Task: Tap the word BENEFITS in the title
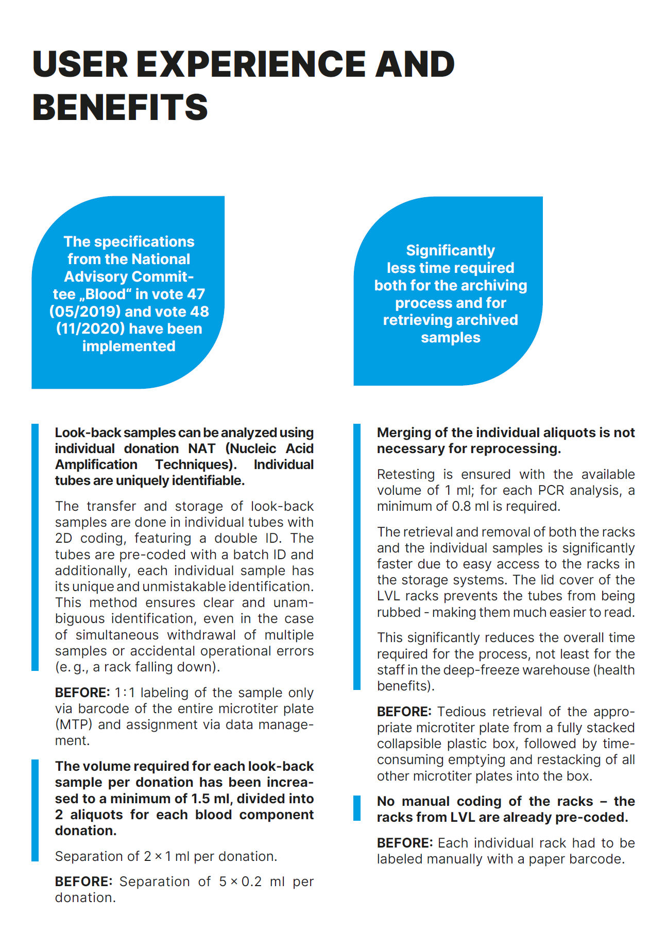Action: click(120, 108)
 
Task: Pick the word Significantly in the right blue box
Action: click(450, 250)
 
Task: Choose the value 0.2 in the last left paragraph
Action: click(251, 882)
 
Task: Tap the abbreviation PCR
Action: click(551, 490)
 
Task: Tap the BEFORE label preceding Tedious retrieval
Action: click(404, 712)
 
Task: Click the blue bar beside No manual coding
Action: click(357, 808)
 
